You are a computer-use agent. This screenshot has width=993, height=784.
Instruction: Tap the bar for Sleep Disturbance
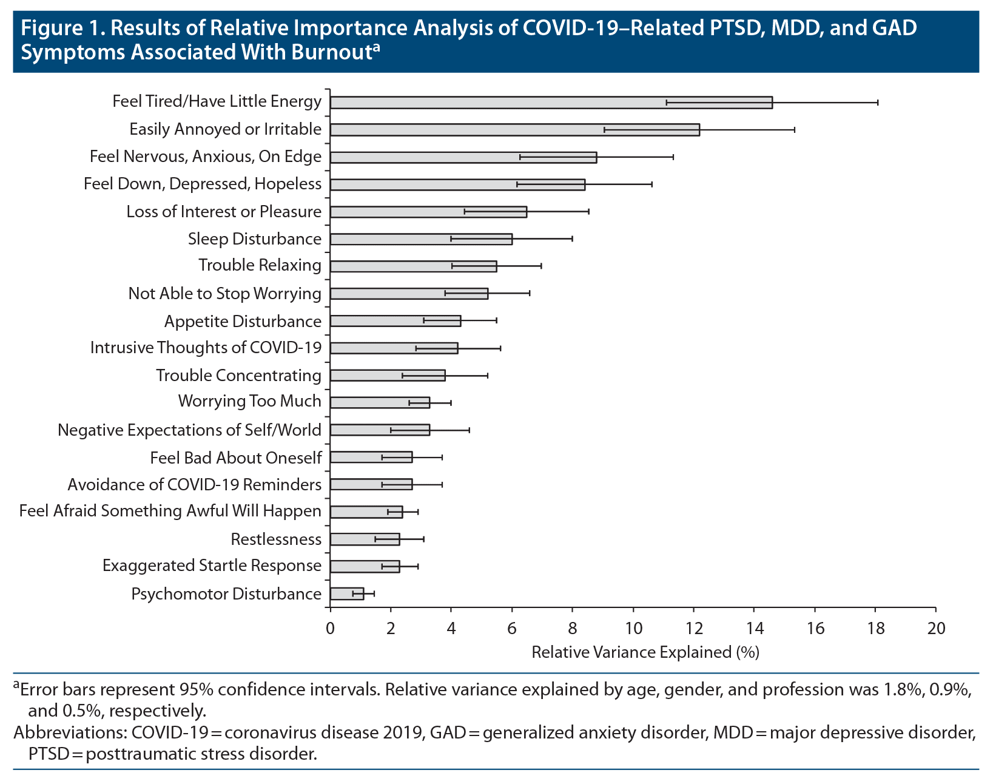421,239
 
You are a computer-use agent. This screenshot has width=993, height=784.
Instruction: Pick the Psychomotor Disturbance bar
347,593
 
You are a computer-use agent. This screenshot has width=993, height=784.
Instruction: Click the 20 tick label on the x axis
936,628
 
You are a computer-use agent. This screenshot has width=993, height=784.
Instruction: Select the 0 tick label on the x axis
330,628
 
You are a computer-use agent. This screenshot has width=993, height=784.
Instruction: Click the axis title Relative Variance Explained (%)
645,652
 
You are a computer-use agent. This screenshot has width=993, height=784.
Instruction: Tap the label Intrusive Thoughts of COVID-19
206,348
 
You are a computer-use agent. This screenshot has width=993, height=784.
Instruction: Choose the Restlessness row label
276,539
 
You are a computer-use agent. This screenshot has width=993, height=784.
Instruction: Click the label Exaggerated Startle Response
212,566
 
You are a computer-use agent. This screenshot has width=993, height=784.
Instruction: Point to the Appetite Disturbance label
243,321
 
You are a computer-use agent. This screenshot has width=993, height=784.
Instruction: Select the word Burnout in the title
330,52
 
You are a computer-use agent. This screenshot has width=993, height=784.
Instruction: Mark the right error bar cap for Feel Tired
878,103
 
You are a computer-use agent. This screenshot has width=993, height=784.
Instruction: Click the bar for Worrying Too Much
380,402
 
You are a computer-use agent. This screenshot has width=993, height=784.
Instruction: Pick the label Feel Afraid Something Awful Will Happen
170,512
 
